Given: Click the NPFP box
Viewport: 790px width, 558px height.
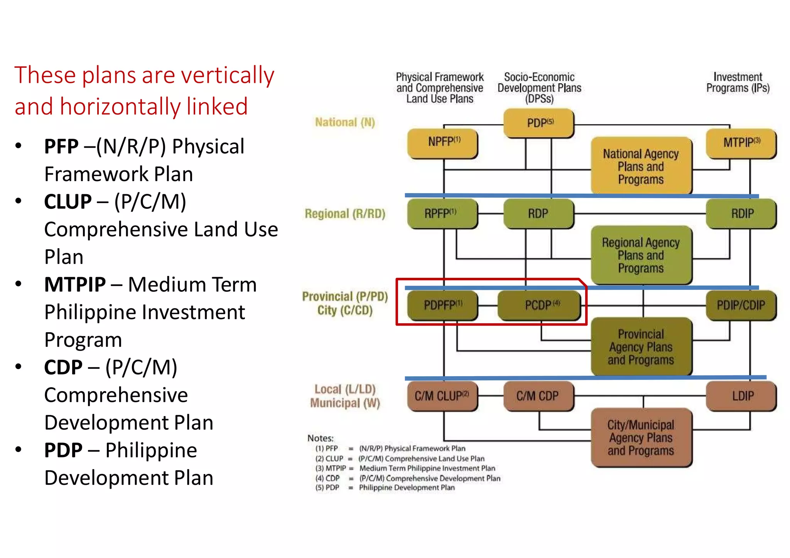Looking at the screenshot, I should [443, 143].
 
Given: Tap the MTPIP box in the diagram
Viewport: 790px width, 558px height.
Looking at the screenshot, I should [741, 143].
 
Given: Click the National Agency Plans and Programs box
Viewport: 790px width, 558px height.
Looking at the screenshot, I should [641, 166].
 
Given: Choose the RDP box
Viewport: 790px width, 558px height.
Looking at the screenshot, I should [538, 213].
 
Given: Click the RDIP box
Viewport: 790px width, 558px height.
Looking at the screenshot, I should [741, 213].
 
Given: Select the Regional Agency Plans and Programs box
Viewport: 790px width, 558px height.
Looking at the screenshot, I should [641, 255].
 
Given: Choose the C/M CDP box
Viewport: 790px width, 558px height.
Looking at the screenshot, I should [538, 396].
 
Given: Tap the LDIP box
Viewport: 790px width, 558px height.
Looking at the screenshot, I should [741, 396].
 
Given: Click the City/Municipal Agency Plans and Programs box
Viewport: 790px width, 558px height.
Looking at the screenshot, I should [641, 438].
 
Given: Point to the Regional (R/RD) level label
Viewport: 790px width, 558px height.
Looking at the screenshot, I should [345, 214].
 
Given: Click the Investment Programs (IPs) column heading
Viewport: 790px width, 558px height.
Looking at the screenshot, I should [738, 82].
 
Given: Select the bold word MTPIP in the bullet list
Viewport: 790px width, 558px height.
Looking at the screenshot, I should [75, 285].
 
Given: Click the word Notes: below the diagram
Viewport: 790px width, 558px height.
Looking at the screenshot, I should [320, 438].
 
